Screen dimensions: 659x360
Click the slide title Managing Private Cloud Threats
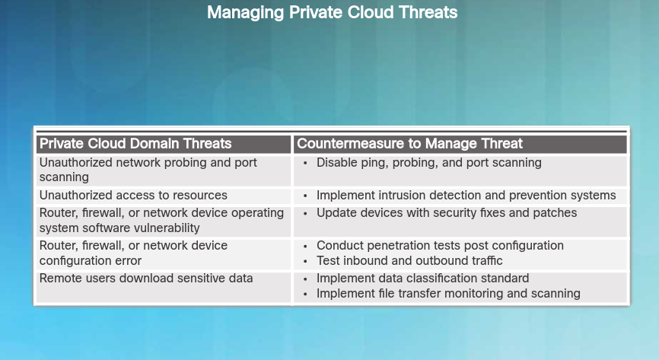click(332, 12)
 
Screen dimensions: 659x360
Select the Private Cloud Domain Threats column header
click(135, 143)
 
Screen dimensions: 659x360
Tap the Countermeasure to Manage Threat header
click(409, 143)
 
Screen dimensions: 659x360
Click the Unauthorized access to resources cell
click(133, 195)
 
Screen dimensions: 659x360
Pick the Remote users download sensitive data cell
click(146, 278)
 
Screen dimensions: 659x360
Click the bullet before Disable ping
click(306, 163)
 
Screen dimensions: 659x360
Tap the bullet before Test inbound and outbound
click(306, 261)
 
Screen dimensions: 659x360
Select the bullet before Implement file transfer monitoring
click(306, 294)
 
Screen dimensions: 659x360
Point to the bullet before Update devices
click(306, 214)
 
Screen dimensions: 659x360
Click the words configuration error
click(91, 261)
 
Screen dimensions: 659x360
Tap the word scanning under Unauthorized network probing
click(64, 177)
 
